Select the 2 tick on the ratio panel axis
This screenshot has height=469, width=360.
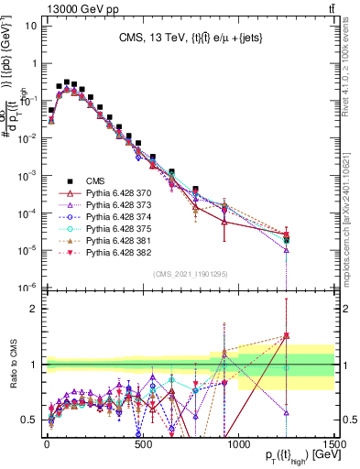pos(33,309)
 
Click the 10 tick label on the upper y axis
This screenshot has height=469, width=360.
pos(29,25)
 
